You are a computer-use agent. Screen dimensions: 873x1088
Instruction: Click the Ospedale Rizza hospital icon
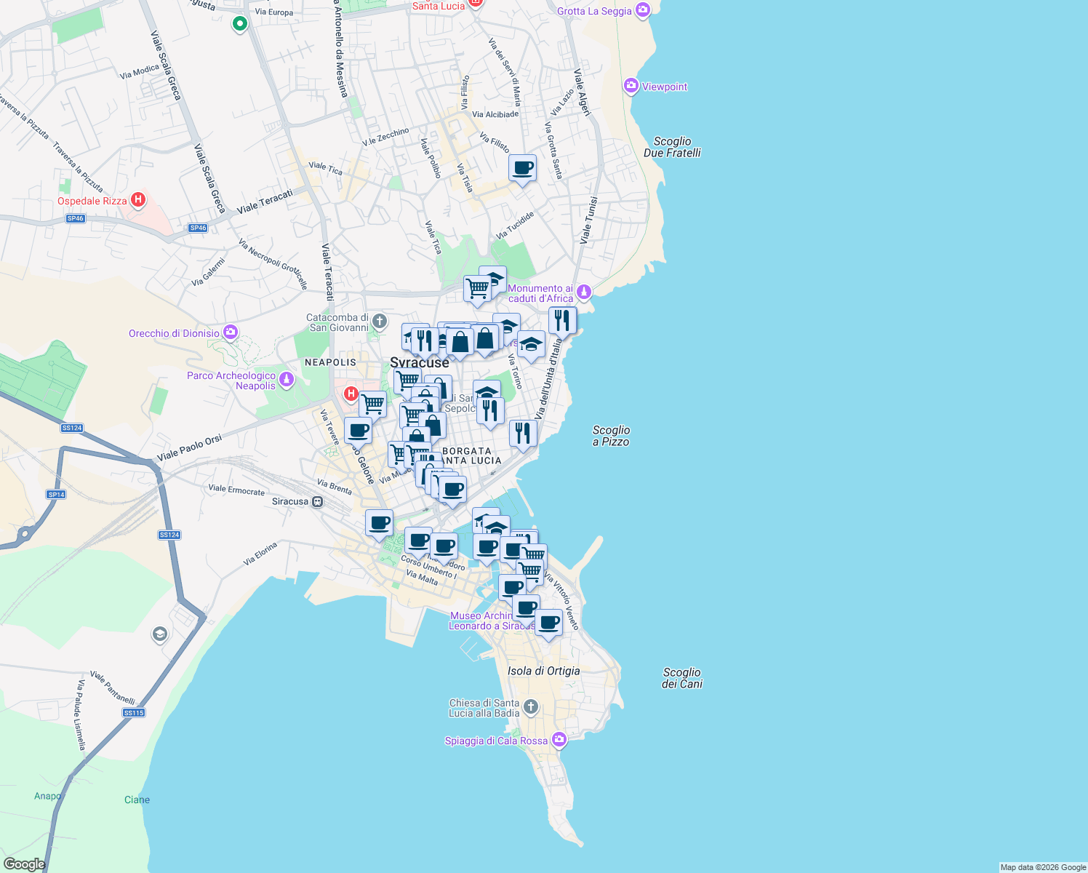pyautogui.click(x=138, y=200)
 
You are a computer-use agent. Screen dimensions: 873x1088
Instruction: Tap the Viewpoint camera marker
pyautogui.click(x=631, y=87)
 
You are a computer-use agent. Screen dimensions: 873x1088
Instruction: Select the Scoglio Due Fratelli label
pyautogui.click(x=672, y=147)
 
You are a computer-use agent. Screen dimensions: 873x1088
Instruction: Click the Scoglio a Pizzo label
pyautogui.click(x=611, y=436)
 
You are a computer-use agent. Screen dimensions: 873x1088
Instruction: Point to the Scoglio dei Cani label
pyautogui.click(x=681, y=678)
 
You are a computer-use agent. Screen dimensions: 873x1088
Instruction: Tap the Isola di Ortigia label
pyautogui.click(x=543, y=671)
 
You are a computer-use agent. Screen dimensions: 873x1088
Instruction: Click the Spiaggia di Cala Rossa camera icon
pyautogui.click(x=559, y=740)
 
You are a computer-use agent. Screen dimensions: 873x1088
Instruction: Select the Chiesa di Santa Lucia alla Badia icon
pyautogui.click(x=531, y=706)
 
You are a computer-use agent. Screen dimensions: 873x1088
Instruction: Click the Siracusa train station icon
pyautogui.click(x=317, y=501)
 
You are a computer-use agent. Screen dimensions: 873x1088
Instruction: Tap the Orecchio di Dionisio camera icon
pyautogui.click(x=231, y=332)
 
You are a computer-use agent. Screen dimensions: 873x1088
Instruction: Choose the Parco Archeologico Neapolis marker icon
pyautogui.click(x=287, y=380)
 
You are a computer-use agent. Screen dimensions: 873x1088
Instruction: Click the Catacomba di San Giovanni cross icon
pyautogui.click(x=379, y=321)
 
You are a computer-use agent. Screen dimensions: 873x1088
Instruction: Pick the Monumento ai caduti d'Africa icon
pyautogui.click(x=584, y=292)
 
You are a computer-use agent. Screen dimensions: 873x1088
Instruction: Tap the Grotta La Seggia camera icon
pyautogui.click(x=642, y=10)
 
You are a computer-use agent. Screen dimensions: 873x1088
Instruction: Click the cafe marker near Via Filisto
pyautogui.click(x=522, y=169)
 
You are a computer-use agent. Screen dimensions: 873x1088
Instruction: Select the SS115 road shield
pyautogui.click(x=134, y=712)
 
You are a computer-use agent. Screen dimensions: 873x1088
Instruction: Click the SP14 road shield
pyautogui.click(x=56, y=494)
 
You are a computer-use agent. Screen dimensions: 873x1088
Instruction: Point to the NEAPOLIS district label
pyautogui.click(x=330, y=362)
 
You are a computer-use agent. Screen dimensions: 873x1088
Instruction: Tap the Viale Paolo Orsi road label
pyautogui.click(x=189, y=448)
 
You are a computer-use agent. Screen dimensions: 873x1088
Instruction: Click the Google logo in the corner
pyautogui.click(x=24, y=864)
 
